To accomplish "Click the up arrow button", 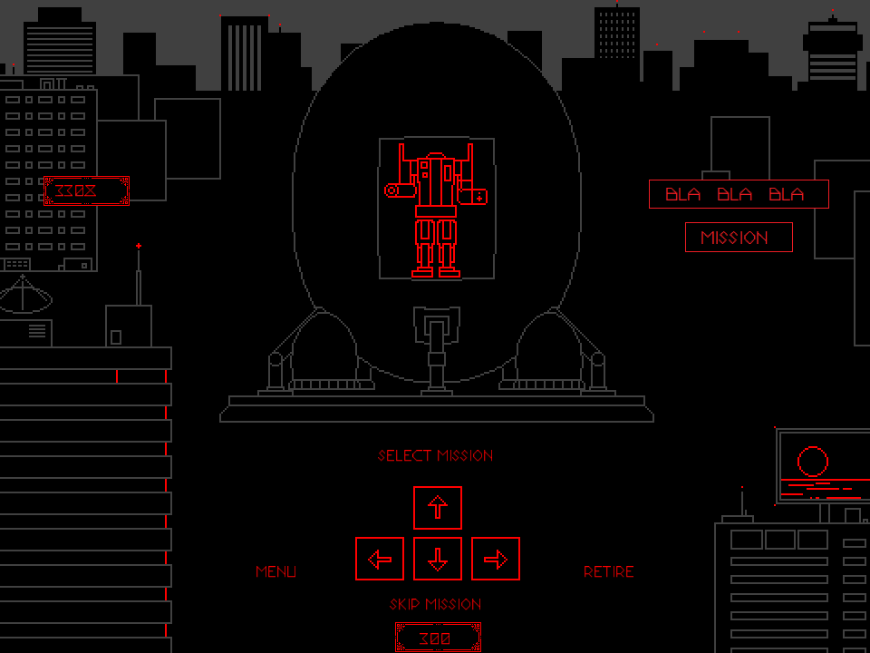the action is click(438, 508).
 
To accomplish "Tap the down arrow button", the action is click(438, 559).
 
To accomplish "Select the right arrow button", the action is click(496, 559).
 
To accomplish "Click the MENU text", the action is click(275, 571).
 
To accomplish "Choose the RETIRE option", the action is click(609, 571).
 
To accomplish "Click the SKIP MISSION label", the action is click(436, 604).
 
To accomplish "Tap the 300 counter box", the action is click(438, 638).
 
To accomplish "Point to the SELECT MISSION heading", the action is click(436, 455).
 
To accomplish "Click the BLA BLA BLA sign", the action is click(739, 194).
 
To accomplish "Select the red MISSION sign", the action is click(739, 238).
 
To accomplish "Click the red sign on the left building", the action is click(86, 191).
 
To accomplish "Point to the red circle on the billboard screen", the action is click(813, 462).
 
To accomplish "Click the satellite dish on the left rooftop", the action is click(24, 296).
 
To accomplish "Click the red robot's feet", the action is click(436, 270).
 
